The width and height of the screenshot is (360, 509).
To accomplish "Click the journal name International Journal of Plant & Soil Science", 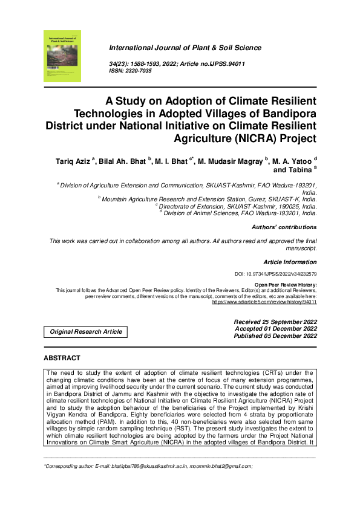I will point(185,48).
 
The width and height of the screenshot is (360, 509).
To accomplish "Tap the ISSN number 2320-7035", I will point(139,71).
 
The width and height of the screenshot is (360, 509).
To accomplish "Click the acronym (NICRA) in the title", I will point(250,138).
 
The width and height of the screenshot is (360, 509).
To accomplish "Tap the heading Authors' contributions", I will point(283,227).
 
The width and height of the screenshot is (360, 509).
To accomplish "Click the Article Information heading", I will point(290,262).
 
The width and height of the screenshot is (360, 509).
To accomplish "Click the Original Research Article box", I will point(85,331).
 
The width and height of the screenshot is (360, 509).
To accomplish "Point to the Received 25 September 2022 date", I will point(275,322).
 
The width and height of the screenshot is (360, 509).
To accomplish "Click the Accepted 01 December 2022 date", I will point(275,329).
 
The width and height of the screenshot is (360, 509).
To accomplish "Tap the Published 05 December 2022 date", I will point(275,336).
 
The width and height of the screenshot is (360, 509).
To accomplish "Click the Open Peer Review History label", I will point(286,284).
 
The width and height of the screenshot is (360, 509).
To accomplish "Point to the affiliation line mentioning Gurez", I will point(207,198).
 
